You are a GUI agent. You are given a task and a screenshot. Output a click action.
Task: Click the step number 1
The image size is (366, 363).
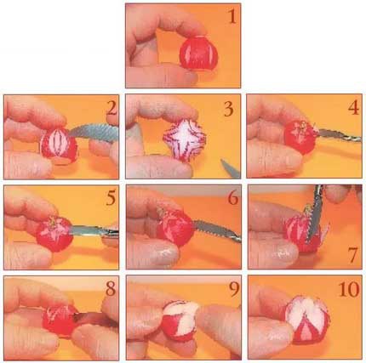pos(232,17)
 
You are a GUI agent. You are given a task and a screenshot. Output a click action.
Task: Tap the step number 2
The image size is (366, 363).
pos(112,109)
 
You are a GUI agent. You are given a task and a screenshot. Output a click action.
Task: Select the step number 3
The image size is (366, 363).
pos(228,109)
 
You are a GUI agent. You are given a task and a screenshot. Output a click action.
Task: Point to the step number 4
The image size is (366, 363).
pos(353,108)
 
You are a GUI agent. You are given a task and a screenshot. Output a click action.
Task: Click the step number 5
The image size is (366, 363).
pos(111,198)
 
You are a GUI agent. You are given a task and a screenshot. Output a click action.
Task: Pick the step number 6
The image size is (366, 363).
pos(233,198)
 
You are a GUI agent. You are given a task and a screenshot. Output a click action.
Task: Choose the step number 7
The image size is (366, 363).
pos(352,256)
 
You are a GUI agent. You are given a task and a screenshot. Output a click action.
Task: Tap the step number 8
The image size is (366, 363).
pos(111,289)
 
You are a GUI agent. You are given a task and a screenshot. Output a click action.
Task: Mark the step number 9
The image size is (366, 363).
pos(234,290)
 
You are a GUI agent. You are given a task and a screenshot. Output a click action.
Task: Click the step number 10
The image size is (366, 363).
pos(349,290)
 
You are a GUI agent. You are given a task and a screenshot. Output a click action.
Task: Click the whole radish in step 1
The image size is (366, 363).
pos(198,54)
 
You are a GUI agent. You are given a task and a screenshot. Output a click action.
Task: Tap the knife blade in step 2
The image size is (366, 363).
pos(94,132)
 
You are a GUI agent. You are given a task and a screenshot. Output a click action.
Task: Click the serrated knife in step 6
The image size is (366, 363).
pos(217,230)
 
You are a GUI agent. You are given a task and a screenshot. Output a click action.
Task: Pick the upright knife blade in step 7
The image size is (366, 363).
pos(315,215)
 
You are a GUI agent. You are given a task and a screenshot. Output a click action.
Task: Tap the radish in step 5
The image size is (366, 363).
pos(54,234)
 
